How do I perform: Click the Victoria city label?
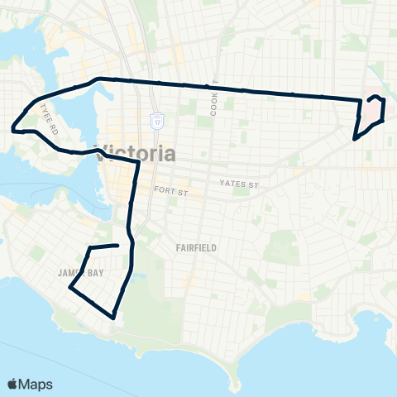(137, 154)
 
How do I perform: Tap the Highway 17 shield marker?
(156, 119)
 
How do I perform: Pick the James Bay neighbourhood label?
(79, 272)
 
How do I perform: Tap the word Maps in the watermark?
(38, 384)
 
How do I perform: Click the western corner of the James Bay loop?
(69, 289)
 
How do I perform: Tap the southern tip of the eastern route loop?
(355, 138)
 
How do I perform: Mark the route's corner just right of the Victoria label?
(137, 163)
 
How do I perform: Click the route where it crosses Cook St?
(213, 87)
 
